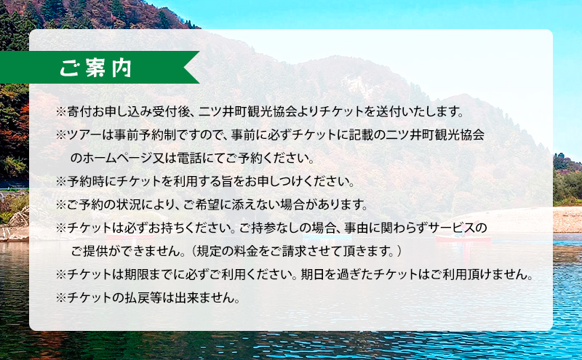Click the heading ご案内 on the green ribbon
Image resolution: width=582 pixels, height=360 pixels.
(x=96, y=68)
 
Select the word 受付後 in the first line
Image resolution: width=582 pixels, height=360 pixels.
(x=172, y=111)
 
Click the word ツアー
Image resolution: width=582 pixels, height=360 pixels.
(x=84, y=135)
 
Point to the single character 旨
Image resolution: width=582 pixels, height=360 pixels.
(x=228, y=181)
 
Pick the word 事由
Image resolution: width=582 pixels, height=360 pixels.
(x=356, y=228)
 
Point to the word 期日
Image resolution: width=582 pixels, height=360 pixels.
(x=313, y=274)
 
